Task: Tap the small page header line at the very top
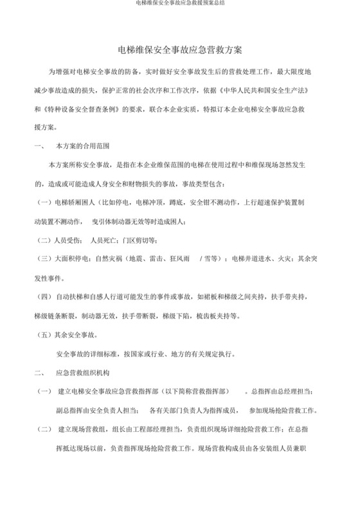pyautogui.click(x=180, y=3)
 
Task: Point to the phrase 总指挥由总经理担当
pyautogui.click(x=281, y=391)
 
